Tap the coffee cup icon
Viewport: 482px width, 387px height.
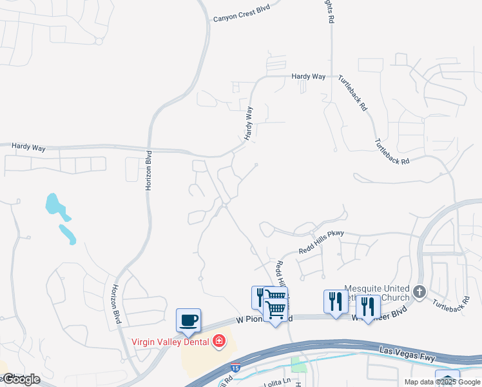point(188,321)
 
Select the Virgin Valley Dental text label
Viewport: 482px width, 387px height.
point(172,341)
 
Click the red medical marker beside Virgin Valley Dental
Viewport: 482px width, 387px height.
point(219,340)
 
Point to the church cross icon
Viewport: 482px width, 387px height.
point(419,292)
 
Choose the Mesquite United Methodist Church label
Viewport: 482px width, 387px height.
point(378,293)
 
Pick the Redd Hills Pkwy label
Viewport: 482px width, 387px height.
point(322,242)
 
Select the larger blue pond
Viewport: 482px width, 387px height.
point(54,204)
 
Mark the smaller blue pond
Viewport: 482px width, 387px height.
point(67,233)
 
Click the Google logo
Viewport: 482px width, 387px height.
point(21,379)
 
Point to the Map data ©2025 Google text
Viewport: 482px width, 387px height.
point(441,382)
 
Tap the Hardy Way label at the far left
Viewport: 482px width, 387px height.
point(28,148)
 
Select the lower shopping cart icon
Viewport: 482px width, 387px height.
point(276,310)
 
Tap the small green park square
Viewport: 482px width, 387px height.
point(298,366)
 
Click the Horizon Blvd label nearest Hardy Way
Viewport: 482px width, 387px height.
point(148,171)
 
